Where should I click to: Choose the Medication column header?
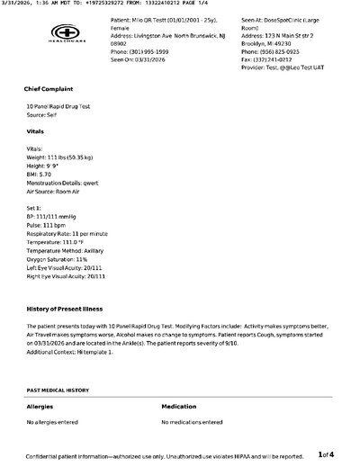(181, 407)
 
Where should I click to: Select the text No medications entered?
(193, 421)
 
